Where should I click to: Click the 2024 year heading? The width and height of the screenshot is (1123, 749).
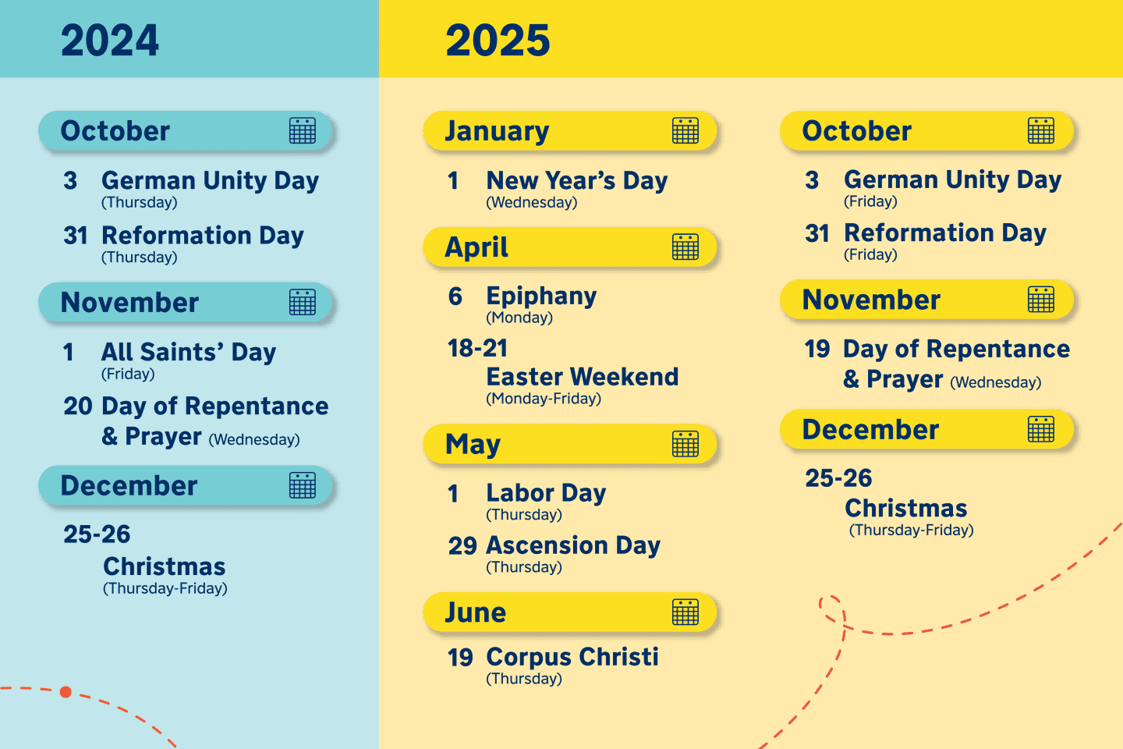(x=110, y=41)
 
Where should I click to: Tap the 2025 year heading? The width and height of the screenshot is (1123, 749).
(x=498, y=41)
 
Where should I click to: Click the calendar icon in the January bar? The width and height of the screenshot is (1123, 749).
(x=685, y=131)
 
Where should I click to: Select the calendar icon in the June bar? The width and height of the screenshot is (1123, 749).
(x=685, y=612)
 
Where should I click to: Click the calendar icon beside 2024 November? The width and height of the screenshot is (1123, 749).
(x=303, y=302)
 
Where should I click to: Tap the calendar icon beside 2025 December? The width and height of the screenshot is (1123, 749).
(x=1041, y=429)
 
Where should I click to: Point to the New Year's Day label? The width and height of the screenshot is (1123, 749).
(x=576, y=181)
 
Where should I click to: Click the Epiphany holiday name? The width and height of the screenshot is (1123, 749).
(x=541, y=296)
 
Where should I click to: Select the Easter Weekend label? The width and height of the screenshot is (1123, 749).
(x=582, y=377)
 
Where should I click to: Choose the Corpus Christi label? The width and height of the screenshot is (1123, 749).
(x=572, y=657)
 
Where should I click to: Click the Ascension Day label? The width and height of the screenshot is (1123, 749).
(x=573, y=545)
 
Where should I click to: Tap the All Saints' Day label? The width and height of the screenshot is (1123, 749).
(x=189, y=352)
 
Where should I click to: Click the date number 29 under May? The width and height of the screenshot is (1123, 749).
(x=462, y=545)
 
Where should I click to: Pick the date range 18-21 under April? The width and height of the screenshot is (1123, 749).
(x=477, y=348)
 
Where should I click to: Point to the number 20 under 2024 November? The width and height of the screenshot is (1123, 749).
(x=78, y=406)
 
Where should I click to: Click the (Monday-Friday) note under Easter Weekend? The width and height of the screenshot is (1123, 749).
(x=544, y=399)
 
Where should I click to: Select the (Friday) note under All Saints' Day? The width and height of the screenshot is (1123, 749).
(x=128, y=374)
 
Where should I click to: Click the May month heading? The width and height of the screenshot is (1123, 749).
(x=473, y=444)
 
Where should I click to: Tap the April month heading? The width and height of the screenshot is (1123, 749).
(x=476, y=247)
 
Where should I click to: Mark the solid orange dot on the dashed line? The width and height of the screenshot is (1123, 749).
(x=66, y=692)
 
